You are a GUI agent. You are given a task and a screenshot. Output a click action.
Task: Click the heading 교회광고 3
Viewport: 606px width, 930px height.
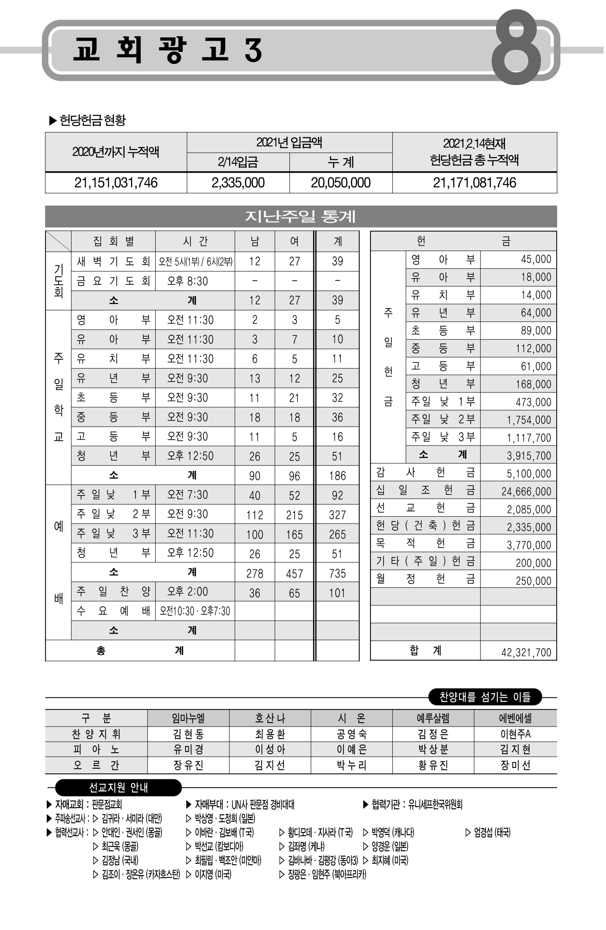tap(167, 50)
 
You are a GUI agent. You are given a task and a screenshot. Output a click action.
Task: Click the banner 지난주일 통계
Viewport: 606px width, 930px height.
tap(300, 216)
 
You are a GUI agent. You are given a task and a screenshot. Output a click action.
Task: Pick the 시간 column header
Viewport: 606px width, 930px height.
tap(195, 241)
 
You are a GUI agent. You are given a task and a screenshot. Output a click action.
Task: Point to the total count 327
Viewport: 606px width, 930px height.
tap(337, 515)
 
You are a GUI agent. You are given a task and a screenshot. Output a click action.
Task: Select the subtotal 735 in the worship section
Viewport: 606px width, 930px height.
tap(337, 573)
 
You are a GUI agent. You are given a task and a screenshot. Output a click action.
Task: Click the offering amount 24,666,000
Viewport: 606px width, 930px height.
tap(526, 491)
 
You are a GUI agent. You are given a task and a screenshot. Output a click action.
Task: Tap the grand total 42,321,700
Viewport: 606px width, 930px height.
tap(526, 652)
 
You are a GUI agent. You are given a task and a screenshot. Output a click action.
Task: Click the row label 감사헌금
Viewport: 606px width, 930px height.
tap(425, 473)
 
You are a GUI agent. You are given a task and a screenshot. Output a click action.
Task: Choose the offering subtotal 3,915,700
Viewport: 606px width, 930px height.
tap(528, 455)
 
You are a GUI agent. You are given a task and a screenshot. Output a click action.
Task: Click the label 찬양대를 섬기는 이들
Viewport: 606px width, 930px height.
tap(485, 697)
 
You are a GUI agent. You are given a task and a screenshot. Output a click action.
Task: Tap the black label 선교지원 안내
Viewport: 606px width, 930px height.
tap(118, 788)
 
